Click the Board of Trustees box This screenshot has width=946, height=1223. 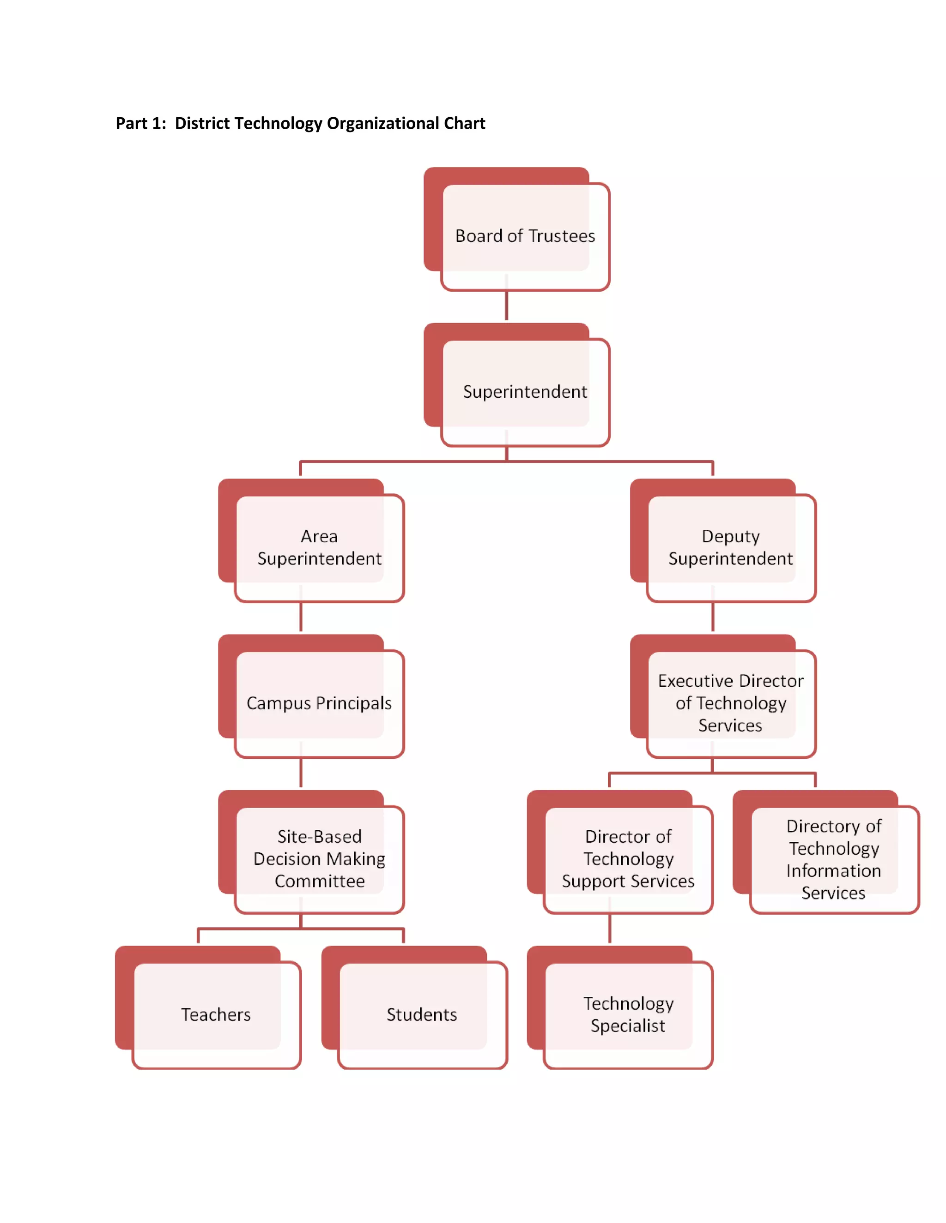coord(525,236)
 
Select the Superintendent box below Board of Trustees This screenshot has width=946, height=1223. coord(525,391)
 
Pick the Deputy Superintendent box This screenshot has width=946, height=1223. coord(730,547)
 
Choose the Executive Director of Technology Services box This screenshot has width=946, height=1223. coord(730,703)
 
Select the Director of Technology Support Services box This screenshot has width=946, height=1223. coord(628,858)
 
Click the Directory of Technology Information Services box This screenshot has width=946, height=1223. coord(833,858)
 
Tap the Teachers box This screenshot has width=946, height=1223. coord(216,1014)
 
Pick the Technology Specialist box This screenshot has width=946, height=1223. coord(628,1014)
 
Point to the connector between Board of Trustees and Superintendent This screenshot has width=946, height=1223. coord(507,305)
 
